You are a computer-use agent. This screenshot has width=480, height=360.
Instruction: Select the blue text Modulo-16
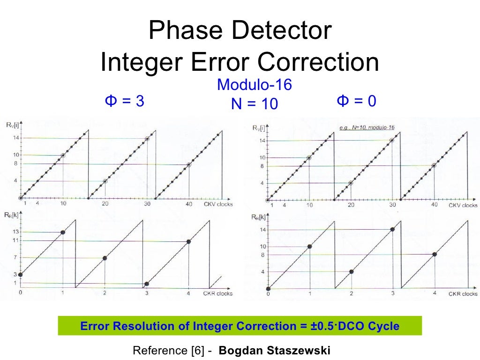coord(254,85)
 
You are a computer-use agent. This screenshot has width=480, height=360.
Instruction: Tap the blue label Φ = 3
coord(124,101)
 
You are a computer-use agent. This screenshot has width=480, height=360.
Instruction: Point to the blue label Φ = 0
coord(356,101)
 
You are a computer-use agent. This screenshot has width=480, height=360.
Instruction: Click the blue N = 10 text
coord(254,104)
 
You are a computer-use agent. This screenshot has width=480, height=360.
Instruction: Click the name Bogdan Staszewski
coord(275,351)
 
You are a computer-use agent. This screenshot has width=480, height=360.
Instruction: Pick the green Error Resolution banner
coord(240,326)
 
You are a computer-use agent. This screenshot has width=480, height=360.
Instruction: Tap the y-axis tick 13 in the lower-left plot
coord(15,232)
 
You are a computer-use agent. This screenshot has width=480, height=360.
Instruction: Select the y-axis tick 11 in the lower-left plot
coord(15,240)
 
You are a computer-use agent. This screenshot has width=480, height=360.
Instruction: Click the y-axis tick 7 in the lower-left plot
coord(15,258)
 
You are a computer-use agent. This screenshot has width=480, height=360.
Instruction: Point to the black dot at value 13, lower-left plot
coord(63,232)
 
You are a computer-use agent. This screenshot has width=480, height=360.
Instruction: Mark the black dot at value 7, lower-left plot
coord(105,258)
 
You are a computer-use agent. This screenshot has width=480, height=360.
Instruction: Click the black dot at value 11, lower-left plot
coord(188,241)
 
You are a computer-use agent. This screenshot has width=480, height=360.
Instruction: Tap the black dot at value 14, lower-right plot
coord(392,229)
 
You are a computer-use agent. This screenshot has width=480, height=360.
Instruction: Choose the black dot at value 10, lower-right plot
coord(309,247)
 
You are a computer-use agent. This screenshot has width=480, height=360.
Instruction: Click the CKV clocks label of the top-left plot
coord(218,204)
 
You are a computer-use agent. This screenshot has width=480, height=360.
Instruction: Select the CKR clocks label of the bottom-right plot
coord(463,294)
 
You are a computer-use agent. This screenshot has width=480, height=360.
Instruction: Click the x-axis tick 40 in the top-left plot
coord(189,204)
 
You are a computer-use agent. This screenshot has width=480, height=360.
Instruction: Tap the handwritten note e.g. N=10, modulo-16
coord(367,127)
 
